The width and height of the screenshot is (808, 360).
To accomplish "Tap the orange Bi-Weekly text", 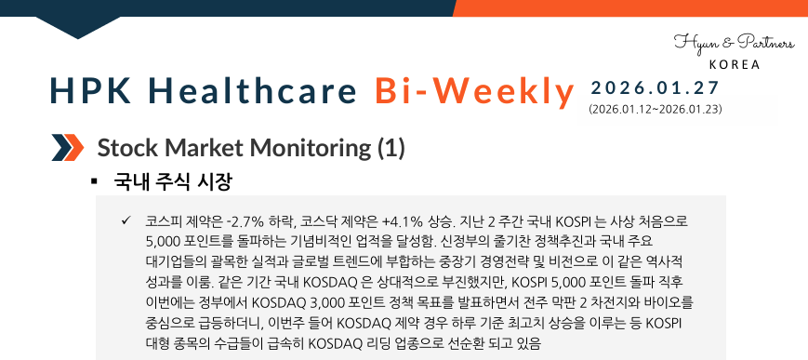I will click(x=475, y=91).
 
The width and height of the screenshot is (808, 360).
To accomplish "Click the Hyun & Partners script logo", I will click(x=734, y=43).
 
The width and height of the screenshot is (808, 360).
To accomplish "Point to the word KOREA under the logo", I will click(x=735, y=65).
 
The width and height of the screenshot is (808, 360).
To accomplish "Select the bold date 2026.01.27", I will click(x=655, y=88).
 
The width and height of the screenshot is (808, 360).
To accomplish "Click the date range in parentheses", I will click(x=656, y=110).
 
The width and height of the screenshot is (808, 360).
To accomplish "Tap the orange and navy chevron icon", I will click(x=67, y=147).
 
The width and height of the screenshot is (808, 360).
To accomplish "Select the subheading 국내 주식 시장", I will click(x=173, y=180).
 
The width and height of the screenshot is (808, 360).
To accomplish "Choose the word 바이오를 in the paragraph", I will click(x=670, y=303).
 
